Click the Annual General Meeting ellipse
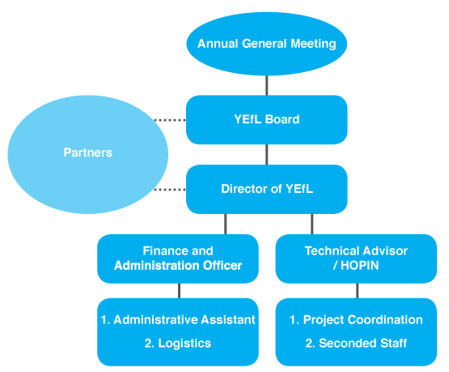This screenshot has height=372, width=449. coord(267,44)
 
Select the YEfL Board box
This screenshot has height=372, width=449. coord(267,120)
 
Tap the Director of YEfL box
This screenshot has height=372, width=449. coord(267,189)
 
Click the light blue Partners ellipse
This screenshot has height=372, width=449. coord(87,154)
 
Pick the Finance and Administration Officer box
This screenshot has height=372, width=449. coord(178,259)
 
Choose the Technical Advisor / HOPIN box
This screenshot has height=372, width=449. coord(356,259)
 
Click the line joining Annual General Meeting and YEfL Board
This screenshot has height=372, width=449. coord(267,85)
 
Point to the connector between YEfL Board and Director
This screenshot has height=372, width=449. coord(267,154)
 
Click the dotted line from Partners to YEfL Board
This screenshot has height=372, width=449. coord(170,120)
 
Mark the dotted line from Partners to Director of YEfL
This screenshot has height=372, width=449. coord(170,190)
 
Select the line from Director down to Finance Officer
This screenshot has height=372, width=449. coord(226,224)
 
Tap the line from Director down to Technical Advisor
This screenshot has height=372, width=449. coord(311,224)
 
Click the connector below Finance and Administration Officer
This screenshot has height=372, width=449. coord(180,291)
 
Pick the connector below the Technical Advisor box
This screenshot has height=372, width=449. coord(357,291)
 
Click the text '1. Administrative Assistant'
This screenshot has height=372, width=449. coord(178,320)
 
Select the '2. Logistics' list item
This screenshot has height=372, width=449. coord(178,344)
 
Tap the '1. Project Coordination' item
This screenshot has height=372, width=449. coord(356,320)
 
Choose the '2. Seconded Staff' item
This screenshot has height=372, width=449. coord(356,344)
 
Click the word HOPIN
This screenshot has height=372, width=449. coord(360,266)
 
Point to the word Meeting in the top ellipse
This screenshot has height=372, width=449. coord(313,44)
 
